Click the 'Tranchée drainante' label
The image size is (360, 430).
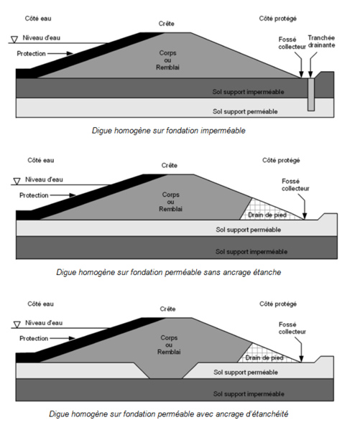321,42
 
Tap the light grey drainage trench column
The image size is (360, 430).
311,95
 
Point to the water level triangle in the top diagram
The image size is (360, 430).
14,39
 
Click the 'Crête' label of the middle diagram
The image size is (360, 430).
169,165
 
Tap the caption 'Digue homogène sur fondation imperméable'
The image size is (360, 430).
169,131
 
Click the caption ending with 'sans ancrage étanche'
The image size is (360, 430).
169,272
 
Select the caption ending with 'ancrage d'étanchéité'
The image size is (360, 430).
169,413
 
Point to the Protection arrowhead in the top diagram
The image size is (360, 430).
70,53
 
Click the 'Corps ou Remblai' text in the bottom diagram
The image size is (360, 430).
169,345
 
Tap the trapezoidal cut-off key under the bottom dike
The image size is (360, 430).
165,370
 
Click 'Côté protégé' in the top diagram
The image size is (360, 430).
278,19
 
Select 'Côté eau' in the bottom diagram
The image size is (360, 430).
41,304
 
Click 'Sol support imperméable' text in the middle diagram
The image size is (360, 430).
251,252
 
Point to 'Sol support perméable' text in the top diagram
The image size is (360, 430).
245,111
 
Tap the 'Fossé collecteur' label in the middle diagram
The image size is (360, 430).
295,184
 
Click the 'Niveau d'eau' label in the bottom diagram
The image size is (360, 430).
44,323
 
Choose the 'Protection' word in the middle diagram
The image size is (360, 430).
34,195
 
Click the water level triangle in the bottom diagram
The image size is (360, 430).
17,324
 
